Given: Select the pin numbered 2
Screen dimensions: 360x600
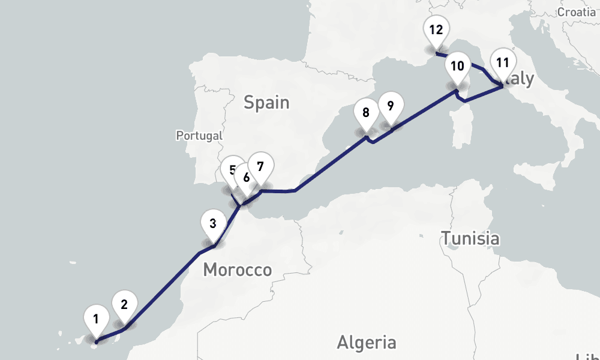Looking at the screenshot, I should (x=124, y=304).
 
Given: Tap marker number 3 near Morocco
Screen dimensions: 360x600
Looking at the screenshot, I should (x=212, y=224).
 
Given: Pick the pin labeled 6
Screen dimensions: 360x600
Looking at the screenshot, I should (x=246, y=178).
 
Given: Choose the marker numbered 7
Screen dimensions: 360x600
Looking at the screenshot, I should (x=260, y=167).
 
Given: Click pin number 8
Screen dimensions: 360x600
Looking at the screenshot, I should (x=365, y=112).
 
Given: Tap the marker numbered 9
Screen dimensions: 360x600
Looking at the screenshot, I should (x=390, y=106).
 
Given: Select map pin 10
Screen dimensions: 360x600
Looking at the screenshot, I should (x=457, y=66).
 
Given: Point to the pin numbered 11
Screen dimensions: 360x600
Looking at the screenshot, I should (x=503, y=62).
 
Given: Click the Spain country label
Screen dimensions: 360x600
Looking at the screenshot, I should (x=266, y=103).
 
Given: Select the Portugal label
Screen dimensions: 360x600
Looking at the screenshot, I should (x=199, y=136).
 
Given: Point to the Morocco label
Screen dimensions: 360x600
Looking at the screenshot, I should (x=237, y=270).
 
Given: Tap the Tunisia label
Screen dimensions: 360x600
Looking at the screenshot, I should (x=470, y=238).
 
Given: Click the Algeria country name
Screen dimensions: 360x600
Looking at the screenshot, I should (x=366, y=343).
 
